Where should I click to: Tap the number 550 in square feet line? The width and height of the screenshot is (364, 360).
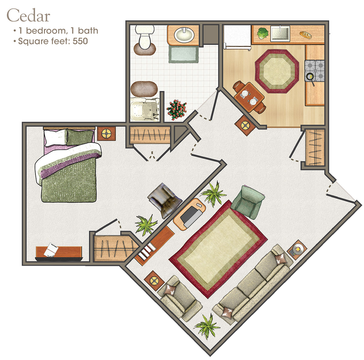tap(80, 41)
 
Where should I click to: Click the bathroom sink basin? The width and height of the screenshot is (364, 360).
tap(184, 35)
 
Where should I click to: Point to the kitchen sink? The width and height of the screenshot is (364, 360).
tap(280, 33)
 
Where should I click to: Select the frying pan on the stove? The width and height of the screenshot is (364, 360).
tap(310, 77)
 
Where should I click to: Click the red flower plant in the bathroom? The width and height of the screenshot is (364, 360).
tap(176, 109)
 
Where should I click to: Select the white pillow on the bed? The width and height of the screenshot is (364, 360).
tap(56, 137)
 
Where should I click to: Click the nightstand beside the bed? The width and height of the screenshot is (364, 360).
tap(106, 133)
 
